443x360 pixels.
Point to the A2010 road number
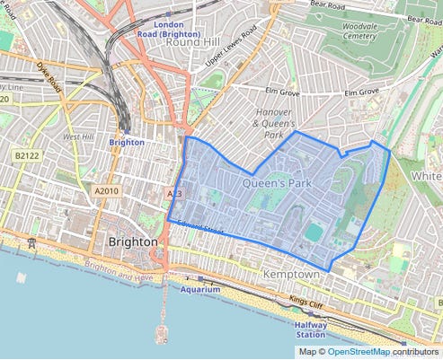coord(106,190)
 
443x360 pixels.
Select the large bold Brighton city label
coord(132,242)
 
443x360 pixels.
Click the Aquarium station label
coord(199,290)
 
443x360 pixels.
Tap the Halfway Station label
coord(310,330)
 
